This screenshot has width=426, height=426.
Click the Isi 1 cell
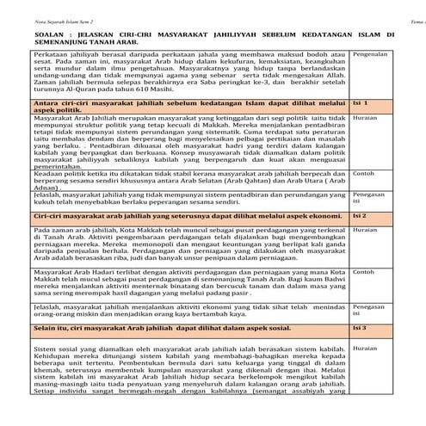coord(361,102)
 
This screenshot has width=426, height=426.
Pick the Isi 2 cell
coord(361,215)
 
